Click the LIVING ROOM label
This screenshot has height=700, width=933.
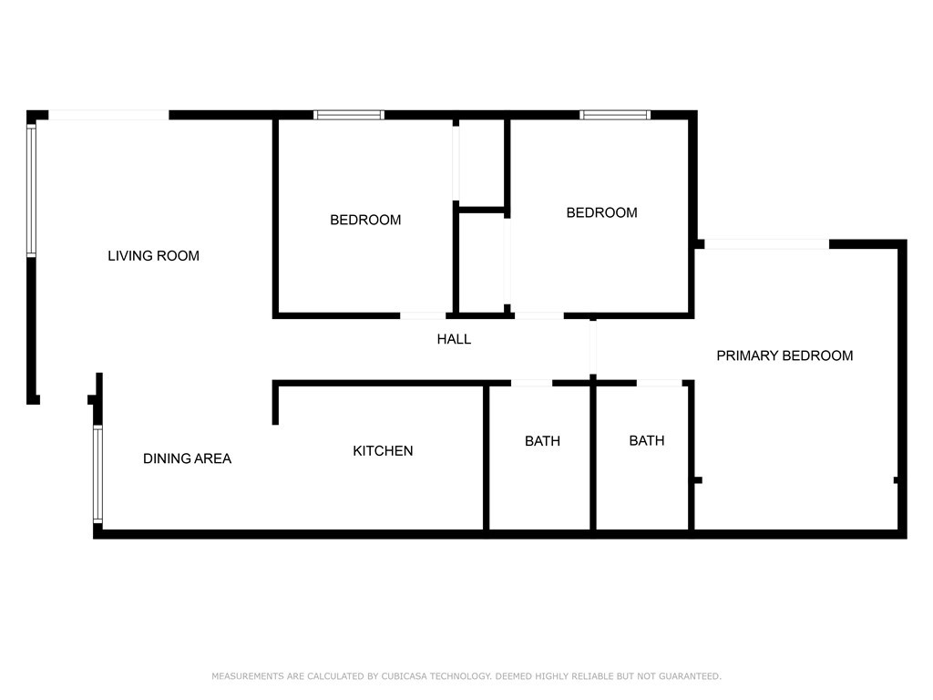[x=153, y=256]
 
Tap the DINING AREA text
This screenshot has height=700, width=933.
[x=187, y=458]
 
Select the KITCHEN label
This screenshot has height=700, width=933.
[x=383, y=451]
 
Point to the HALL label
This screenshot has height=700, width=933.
[x=454, y=339]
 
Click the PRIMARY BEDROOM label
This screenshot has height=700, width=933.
[x=784, y=355]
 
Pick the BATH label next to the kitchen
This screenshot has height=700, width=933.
[x=542, y=441]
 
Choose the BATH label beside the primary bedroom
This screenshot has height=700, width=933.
[x=646, y=441]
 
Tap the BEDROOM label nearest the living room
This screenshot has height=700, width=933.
[x=364, y=220]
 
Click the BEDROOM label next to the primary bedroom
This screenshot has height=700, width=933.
[x=601, y=212]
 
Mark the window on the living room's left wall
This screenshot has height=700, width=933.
[x=31, y=189]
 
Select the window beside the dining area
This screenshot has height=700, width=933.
[x=97, y=474]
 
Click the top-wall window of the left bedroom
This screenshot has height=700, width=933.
[x=349, y=115]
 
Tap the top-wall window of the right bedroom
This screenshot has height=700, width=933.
[x=615, y=115]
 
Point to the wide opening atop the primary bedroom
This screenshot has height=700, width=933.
[x=767, y=243]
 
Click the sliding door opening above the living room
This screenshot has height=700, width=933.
[x=108, y=115]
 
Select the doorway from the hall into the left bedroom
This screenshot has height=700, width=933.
[x=424, y=315]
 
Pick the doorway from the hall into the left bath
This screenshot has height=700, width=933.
[x=531, y=383]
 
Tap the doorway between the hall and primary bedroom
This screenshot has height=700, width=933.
[x=593, y=348]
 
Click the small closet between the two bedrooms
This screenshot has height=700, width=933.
[x=481, y=262]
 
